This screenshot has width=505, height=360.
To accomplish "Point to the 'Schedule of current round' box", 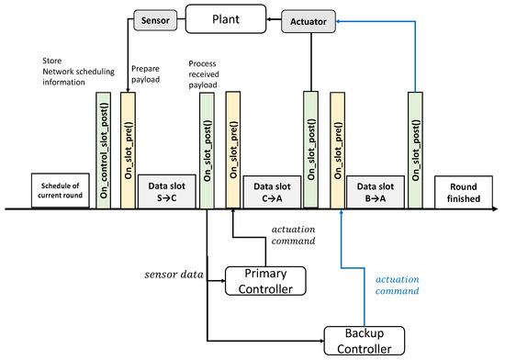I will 61,190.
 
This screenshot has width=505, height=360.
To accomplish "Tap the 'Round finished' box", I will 463,190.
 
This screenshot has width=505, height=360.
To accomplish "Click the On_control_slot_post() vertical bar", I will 104,149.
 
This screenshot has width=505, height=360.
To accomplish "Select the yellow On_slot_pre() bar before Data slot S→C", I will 128,149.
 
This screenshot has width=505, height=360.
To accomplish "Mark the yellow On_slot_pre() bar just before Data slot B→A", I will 338,149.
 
